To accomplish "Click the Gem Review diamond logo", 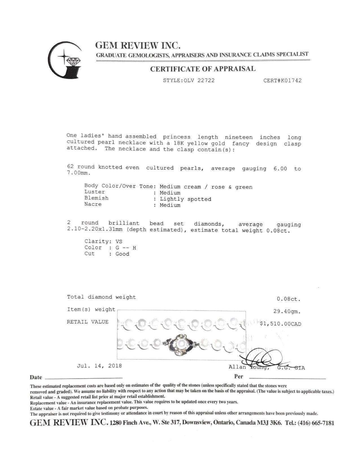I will (65, 60).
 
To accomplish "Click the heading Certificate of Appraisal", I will (202, 69).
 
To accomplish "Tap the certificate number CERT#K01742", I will (282, 80).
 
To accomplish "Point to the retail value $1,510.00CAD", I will (280, 324).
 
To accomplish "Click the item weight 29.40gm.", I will (287, 312).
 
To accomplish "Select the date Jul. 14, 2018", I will (99, 366).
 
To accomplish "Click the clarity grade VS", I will (119, 241).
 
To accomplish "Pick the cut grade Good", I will (122, 254).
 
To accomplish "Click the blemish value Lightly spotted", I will (186, 199).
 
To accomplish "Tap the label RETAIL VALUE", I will (88, 322).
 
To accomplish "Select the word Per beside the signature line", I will (239, 376).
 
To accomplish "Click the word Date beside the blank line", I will (36, 377).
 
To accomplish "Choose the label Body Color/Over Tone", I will (118, 186).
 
